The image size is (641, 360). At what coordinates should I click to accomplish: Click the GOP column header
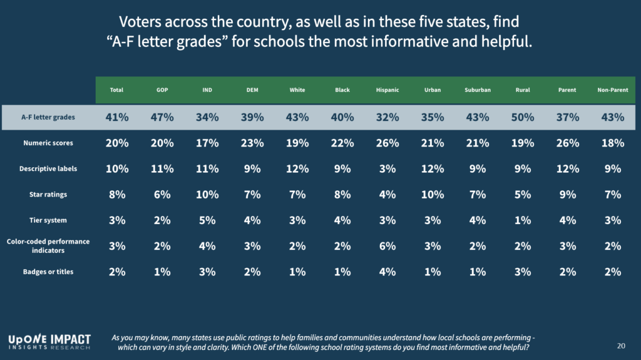pyautogui.click(x=162, y=90)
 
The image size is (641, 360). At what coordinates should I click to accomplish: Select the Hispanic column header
pyautogui.click(x=387, y=90)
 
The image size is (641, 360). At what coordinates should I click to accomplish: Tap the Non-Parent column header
pyautogui.click(x=612, y=90)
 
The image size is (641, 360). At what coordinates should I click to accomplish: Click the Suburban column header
pyautogui.click(x=478, y=90)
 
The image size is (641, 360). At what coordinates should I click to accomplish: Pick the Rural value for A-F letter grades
pyautogui.click(x=523, y=117)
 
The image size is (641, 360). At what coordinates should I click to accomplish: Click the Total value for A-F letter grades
pyautogui.click(x=116, y=117)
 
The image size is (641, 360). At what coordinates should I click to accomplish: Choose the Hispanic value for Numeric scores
pyautogui.click(x=387, y=143)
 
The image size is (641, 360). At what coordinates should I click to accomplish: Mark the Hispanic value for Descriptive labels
pyautogui.click(x=387, y=169)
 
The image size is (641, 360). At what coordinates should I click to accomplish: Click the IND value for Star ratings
pyautogui.click(x=207, y=195)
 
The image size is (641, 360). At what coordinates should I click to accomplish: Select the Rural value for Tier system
pyautogui.click(x=523, y=220)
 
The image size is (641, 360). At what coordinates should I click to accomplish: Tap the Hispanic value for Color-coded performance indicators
pyautogui.click(x=387, y=245)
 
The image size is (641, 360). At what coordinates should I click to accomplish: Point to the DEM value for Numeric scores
pyautogui.click(x=252, y=143)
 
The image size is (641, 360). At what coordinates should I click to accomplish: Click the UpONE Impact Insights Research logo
pyautogui.click(x=49, y=341)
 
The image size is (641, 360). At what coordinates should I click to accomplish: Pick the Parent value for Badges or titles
pyautogui.click(x=568, y=272)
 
